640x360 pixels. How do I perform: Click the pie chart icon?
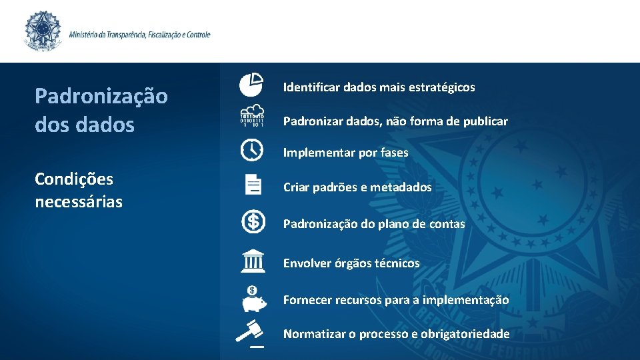click(x=252, y=85)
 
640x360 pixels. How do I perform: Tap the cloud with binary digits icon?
click(x=252, y=115)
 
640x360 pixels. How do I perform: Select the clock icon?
click(x=252, y=149)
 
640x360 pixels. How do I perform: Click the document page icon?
click(x=253, y=184)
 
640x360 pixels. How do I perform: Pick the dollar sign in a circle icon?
click(x=253, y=221)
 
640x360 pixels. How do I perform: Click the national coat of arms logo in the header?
click(x=43, y=31)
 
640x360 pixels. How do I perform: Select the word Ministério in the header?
click(x=85, y=34)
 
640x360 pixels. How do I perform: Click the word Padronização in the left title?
click(x=101, y=96)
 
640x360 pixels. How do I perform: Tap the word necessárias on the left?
click(x=79, y=201)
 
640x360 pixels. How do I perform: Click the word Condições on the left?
click(x=74, y=179)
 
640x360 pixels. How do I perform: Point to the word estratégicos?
click(x=441, y=87)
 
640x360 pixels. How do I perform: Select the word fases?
click(x=393, y=153)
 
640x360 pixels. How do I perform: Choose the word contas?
click(x=447, y=224)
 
